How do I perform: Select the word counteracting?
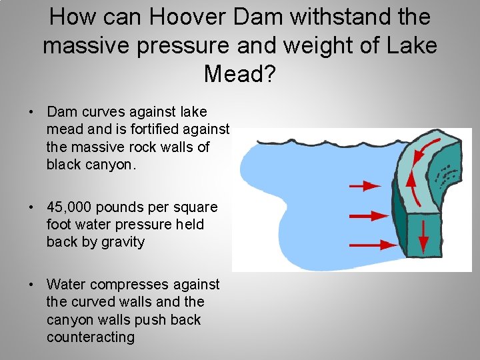[90, 337]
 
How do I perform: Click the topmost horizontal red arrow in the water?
[365, 185]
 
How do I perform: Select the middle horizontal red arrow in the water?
[369, 216]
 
